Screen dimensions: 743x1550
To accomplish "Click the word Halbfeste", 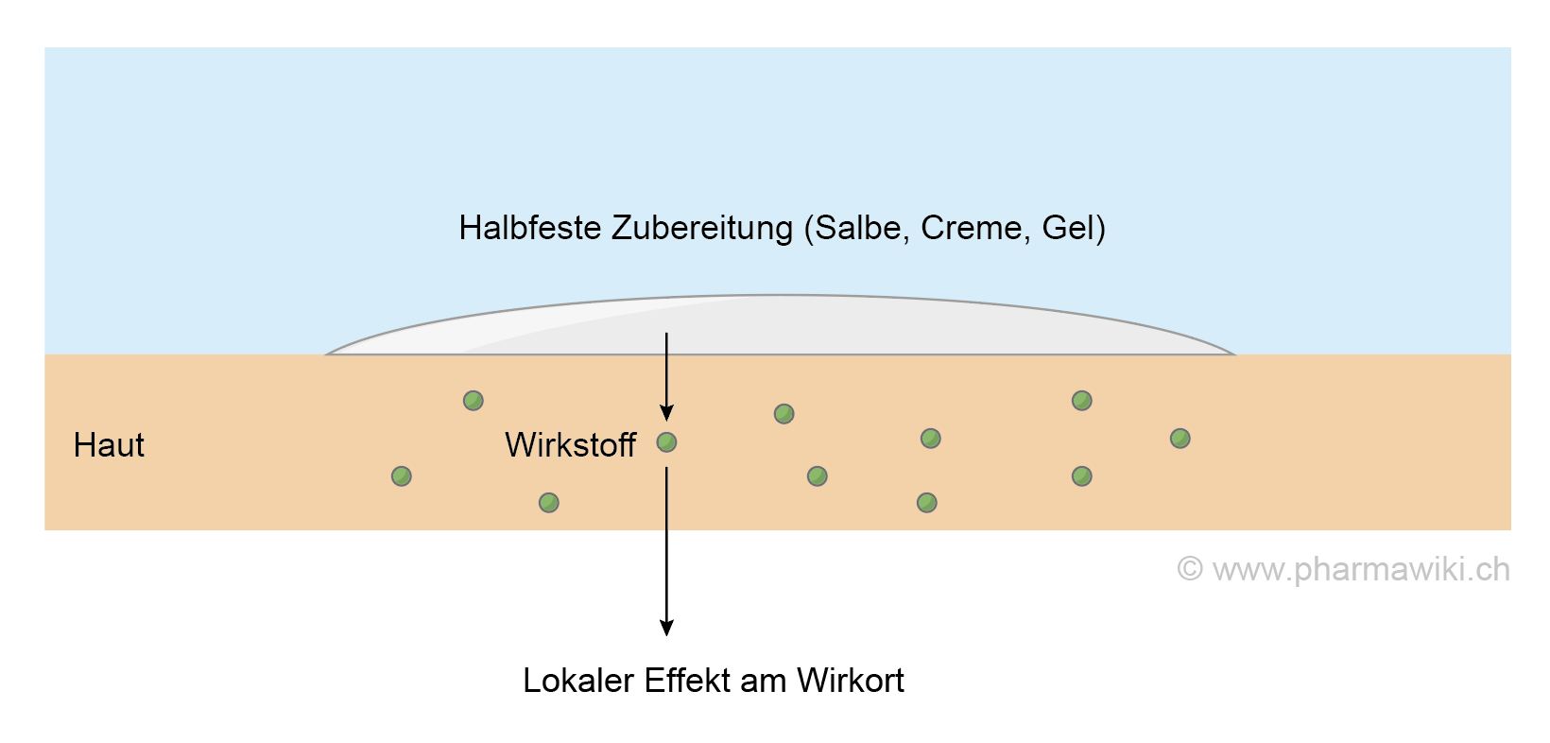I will pyautogui.click(x=530, y=228).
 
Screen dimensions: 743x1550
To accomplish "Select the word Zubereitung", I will pyautogui.click(x=702, y=228).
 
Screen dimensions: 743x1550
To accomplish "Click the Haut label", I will pyautogui.click(x=109, y=445).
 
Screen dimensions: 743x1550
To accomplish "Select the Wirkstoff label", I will pyautogui.click(x=571, y=445).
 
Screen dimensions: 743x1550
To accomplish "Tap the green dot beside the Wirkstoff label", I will pyautogui.click(x=666, y=441).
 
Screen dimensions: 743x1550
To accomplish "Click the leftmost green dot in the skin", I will pyautogui.click(x=402, y=475).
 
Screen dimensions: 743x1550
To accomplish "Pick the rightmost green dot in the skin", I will pyautogui.click(x=1180, y=438).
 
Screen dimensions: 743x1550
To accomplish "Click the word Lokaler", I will pyautogui.click(x=578, y=681).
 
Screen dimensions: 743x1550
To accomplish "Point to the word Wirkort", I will pyautogui.click(x=851, y=681).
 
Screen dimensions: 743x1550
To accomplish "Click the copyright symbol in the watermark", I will pyautogui.click(x=1190, y=569).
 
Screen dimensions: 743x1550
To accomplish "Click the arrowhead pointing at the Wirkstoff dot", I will pyautogui.click(x=666, y=413).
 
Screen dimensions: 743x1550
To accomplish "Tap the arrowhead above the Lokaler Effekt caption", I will pyautogui.click(x=666, y=628).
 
